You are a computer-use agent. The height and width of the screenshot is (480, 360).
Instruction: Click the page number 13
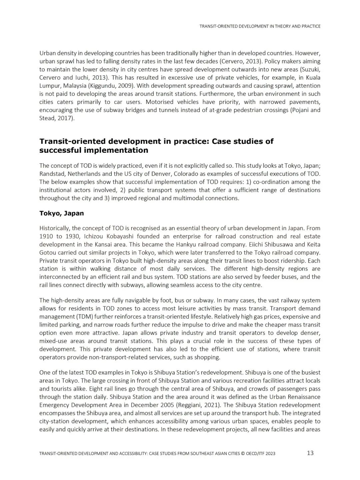click(310, 453)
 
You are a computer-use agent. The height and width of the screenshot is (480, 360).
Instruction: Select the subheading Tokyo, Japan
click(61, 213)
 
